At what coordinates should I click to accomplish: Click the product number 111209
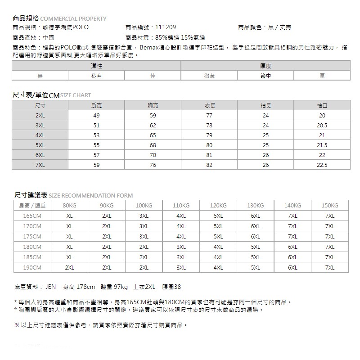(166, 27)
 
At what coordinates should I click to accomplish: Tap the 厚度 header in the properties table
(265, 66)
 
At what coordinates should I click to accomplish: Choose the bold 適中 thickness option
(265, 76)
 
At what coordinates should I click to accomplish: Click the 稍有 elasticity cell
(96, 76)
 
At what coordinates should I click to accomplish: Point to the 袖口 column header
(322, 106)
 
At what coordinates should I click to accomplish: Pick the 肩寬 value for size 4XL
(96, 135)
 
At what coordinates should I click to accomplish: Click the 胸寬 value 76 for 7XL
(153, 165)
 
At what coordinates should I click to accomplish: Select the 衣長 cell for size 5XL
(209, 145)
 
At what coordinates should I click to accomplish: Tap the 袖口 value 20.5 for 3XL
(322, 125)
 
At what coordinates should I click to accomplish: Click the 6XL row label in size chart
(40, 155)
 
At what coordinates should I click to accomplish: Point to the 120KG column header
(218, 206)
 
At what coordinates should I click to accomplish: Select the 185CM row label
(32, 257)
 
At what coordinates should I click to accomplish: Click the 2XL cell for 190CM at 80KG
(69, 268)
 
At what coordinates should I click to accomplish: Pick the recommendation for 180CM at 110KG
(181, 247)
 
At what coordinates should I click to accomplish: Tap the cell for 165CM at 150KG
(330, 216)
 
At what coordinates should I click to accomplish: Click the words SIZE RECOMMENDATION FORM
(90, 196)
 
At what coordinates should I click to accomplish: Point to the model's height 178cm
(85, 287)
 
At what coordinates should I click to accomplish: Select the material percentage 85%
(161, 37)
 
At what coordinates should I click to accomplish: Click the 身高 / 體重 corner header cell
(32, 206)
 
